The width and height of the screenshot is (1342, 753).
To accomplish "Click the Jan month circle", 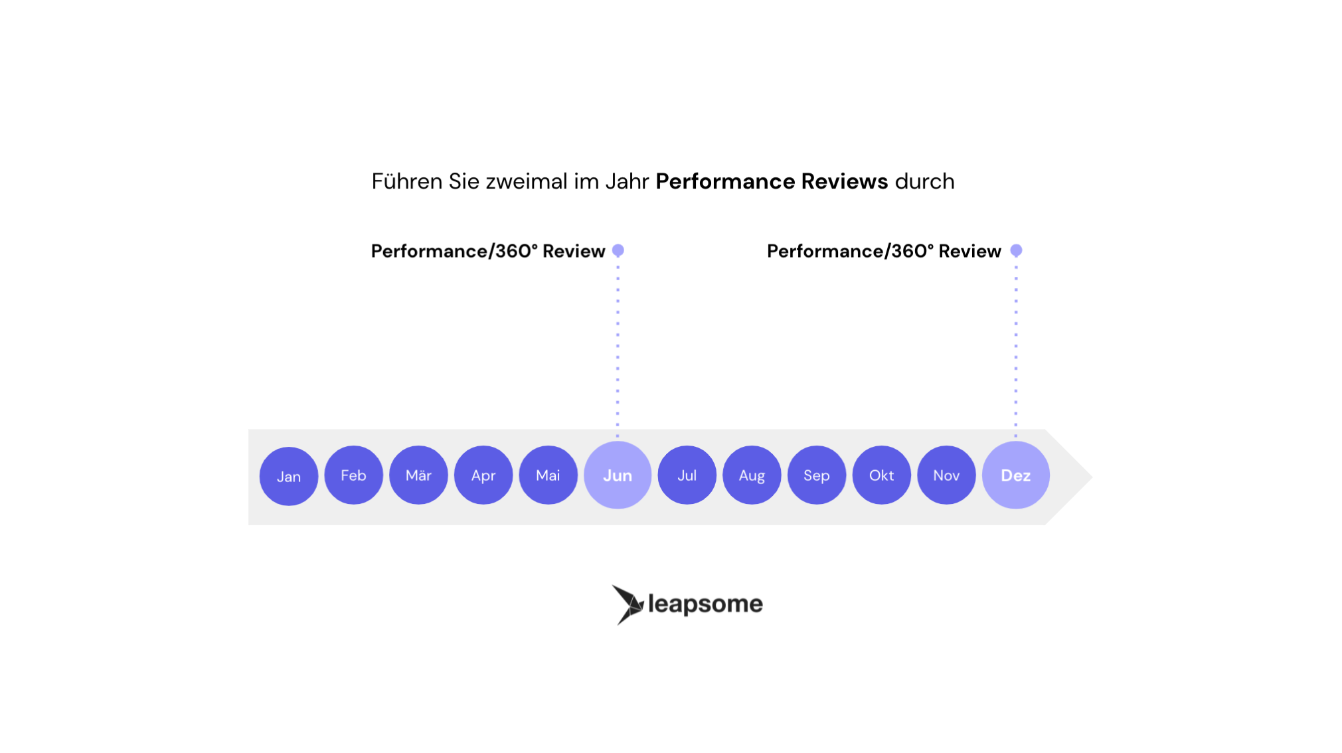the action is click(289, 476).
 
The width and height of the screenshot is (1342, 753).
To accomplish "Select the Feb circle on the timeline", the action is click(353, 475).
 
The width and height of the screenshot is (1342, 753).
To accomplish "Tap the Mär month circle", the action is click(418, 475).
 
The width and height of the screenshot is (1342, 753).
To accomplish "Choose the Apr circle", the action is click(483, 475).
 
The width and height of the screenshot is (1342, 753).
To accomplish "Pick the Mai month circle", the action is click(548, 475).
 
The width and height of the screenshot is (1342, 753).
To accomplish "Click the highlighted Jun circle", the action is click(618, 475).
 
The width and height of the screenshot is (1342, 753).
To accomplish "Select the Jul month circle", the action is click(687, 475).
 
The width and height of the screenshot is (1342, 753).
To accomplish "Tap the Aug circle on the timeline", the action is click(752, 475).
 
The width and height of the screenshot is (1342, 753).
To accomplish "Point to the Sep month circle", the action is click(817, 475).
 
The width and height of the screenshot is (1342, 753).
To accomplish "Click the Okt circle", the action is click(881, 475).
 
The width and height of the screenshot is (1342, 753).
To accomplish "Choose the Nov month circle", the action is click(946, 475).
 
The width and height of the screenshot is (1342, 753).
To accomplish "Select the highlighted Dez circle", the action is click(1016, 475).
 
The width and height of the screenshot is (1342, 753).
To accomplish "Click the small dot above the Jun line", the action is click(618, 250).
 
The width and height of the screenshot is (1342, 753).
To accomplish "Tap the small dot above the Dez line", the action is click(1016, 250).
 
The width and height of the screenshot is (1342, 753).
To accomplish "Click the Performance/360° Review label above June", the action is click(488, 251).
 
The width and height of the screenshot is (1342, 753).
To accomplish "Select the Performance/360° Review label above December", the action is click(884, 251).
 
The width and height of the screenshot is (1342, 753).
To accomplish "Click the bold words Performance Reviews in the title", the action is click(772, 181).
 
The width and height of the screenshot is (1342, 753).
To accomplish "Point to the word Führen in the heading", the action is click(406, 181).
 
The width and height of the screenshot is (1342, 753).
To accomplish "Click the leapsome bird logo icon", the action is click(628, 604).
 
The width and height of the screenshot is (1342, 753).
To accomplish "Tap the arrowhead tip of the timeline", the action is click(1091, 477).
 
